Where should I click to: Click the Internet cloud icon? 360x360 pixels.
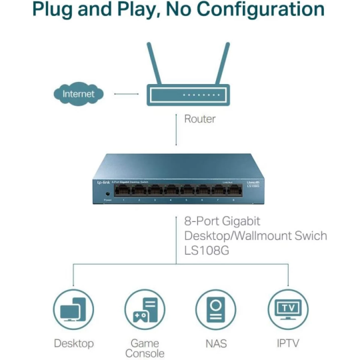(x=79, y=94)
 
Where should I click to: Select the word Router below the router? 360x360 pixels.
(x=200, y=119)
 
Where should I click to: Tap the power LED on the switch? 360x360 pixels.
(x=107, y=193)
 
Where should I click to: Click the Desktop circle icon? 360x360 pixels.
(x=73, y=309)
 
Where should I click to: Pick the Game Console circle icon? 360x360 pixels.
(x=145, y=309)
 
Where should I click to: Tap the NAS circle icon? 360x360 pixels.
(x=216, y=309)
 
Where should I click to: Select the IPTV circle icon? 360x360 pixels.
(x=288, y=309)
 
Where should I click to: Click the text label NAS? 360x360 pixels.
(x=216, y=343)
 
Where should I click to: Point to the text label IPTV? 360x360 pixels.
(x=288, y=343)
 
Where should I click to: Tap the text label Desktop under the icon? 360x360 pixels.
(x=73, y=343)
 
